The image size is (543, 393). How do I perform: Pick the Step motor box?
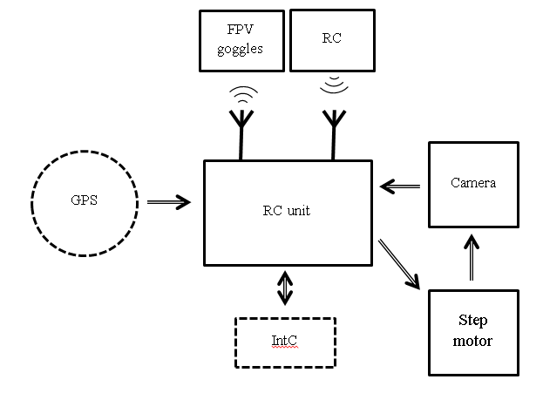click(473, 332)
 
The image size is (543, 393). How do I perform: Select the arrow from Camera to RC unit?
click(400, 185)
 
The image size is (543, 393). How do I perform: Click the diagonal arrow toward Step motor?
click(398, 263)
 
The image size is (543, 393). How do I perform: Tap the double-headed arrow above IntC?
click(285, 288)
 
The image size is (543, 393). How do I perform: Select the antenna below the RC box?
click(332, 132)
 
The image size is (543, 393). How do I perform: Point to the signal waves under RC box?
click(332, 85)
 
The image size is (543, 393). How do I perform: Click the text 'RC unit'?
click(286, 210)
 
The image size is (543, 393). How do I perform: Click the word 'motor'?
click(473, 341)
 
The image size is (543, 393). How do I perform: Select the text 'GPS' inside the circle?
click(85, 200)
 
